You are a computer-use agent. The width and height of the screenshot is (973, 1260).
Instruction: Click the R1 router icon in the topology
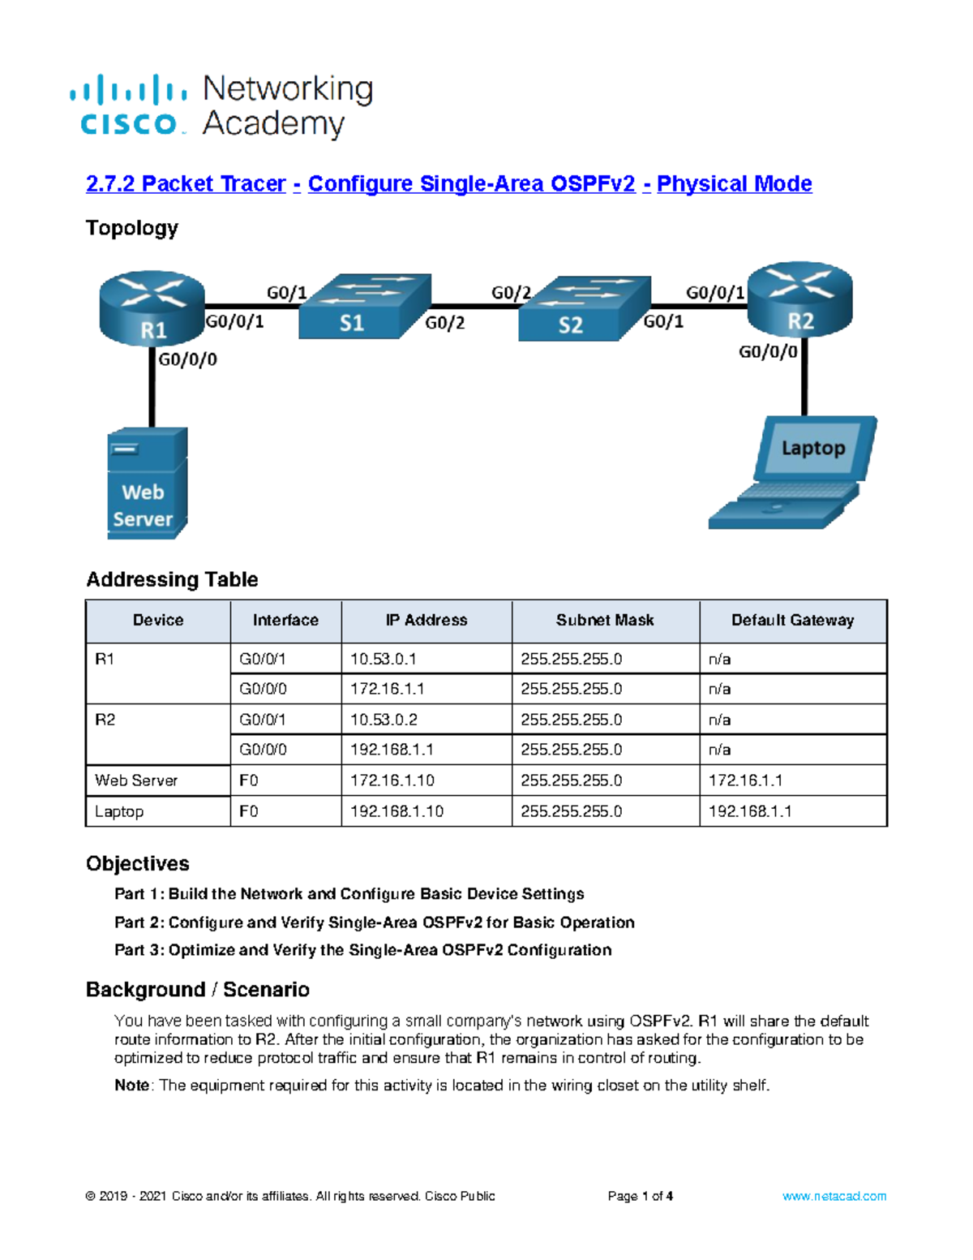[x=152, y=308]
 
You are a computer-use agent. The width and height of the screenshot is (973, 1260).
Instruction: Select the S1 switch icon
[x=364, y=307]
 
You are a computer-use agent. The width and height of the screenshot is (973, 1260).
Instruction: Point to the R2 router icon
[x=799, y=300]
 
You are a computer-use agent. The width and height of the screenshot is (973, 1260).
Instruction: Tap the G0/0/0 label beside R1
[x=187, y=359]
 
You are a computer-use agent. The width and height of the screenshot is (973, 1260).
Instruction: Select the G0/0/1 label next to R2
[x=714, y=293]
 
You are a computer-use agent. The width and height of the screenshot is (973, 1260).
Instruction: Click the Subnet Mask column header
[x=605, y=621]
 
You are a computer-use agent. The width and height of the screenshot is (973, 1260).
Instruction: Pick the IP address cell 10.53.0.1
[x=383, y=659]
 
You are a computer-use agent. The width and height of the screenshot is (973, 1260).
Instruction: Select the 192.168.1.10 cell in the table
[x=396, y=811]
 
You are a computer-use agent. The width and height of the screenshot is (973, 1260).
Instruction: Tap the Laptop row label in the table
[x=119, y=811]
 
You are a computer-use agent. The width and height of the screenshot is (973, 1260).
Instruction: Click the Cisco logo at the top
[x=130, y=105]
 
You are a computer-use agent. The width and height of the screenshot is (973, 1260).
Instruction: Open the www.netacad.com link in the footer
[x=834, y=1196]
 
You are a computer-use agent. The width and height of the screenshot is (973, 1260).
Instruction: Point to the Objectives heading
[x=138, y=863]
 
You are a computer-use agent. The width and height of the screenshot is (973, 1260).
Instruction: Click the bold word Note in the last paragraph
[x=131, y=1086]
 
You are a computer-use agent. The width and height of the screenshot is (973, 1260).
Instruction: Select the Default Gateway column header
[x=792, y=621]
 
